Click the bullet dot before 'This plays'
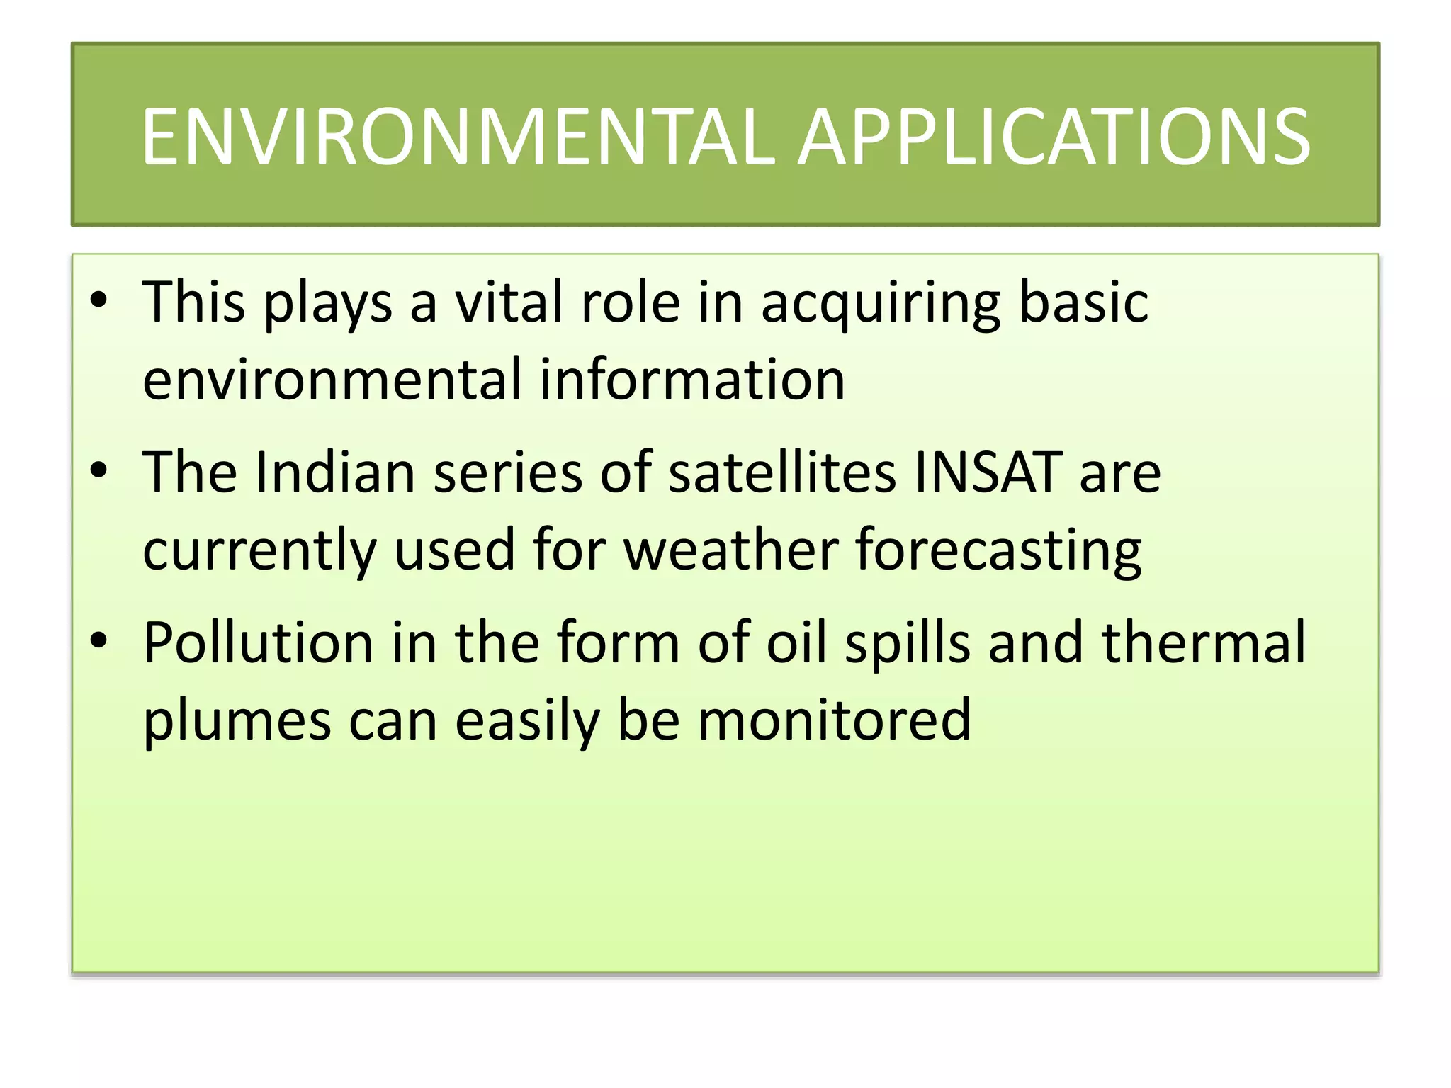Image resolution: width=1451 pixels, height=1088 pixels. coord(98,300)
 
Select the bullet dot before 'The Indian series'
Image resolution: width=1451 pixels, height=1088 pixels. coord(98,470)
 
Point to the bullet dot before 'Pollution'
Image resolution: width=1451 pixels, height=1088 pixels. coord(98,640)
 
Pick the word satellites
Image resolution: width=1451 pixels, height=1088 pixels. coord(782,472)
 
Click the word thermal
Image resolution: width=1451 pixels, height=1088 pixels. coord(1204,642)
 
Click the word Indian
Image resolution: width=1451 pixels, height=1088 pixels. coord(334,472)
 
